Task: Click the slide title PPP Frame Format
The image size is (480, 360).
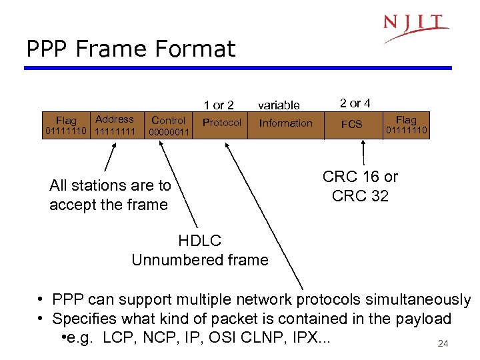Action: (131, 49)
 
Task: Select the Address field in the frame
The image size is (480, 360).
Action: (115, 125)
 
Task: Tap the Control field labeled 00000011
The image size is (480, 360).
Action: (169, 126)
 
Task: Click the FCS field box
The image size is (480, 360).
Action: (351, 124)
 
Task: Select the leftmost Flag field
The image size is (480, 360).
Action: (65, 125)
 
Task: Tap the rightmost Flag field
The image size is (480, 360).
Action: (405, 125)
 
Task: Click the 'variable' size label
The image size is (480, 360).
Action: (279, 105)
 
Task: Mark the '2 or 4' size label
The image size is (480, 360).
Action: (355, 103)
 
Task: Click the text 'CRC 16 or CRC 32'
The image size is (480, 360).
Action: (360, 186)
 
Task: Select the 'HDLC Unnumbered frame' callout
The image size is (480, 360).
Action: (200, 250)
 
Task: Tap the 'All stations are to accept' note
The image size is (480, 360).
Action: (110, 195)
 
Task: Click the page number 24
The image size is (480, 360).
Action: (442, 344)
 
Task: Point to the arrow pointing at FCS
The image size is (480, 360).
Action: (363, 151)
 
